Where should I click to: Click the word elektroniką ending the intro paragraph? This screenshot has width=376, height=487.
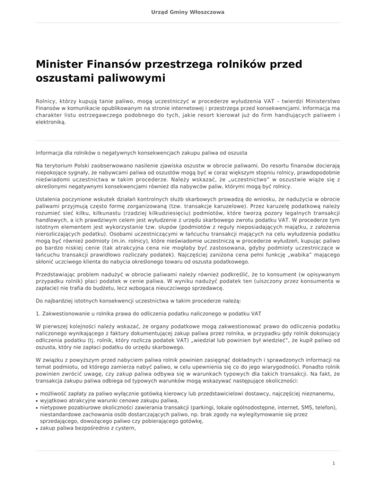[50, 123]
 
